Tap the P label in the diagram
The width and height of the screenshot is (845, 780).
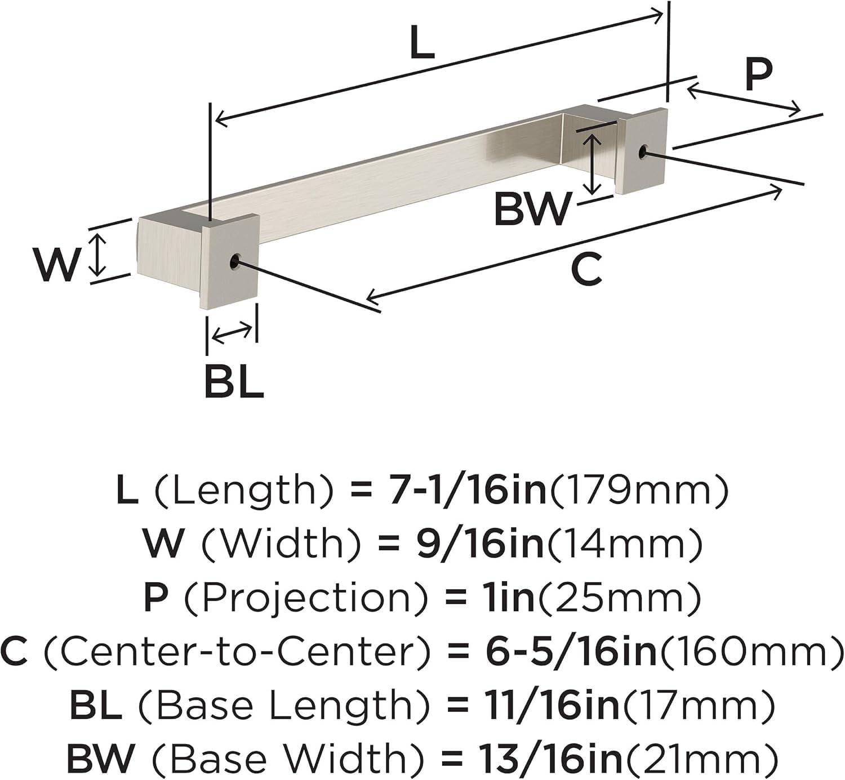(x=758, y=74)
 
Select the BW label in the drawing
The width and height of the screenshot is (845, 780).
(x=532, y=209)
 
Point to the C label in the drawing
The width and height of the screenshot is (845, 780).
(x=586, y=269)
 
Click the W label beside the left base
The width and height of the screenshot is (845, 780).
(x=56, y=265)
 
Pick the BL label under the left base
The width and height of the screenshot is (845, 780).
(x=234, y=382)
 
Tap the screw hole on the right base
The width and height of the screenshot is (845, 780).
(x=643, y=151)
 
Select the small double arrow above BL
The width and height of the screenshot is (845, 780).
(x=232, y=333)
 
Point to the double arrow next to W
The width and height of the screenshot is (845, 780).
(x=99, y=255)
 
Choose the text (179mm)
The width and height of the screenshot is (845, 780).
(x=639, y=489)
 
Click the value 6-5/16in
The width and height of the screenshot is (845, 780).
(x=571, y=651)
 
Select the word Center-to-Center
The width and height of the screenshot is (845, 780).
(x=239, y=651)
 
